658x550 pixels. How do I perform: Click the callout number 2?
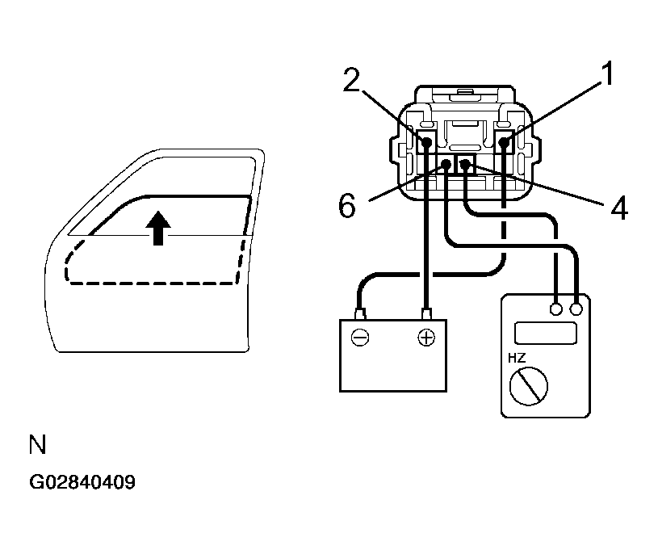[x=350, y=81]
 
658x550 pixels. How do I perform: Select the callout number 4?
[x=618, y=208]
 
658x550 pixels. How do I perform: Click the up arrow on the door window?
[x=160, y=227]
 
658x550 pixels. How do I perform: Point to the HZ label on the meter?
[x=518, y=358]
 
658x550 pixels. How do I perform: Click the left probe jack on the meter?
[x=556, y=309]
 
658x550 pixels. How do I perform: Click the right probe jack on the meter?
[x=576, y=309]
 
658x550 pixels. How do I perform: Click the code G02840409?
[x=82, y=483]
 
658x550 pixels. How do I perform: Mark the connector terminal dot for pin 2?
[x=426, y=143]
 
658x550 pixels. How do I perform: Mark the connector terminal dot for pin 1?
[x=504, y=143]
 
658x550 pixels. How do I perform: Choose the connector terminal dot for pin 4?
[x=465, y=165]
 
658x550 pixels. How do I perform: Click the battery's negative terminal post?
[x=361, y=313]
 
